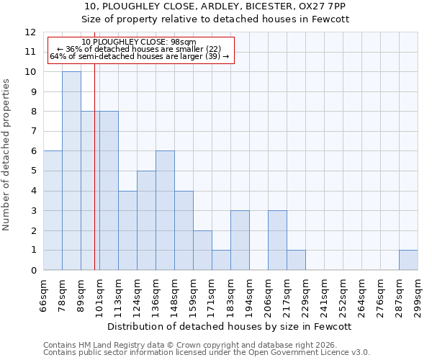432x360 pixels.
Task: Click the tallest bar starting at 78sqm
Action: coord(71,171)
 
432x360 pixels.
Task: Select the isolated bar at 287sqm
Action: coord(408,260)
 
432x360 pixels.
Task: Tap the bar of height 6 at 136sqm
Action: coord(165,210)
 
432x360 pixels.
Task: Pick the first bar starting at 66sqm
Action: coord(53,210)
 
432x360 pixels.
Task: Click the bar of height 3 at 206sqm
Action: coord(277,240)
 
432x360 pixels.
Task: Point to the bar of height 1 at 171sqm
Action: coord(221,260)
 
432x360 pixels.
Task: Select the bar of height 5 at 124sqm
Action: coord(146,220)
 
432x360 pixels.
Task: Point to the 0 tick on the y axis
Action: coord(33,271)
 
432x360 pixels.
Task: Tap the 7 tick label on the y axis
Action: coord(33,132)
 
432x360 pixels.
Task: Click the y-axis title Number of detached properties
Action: coord(7,155)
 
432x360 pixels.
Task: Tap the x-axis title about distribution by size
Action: coord(231,326)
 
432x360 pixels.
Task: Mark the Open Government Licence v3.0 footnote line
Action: coord(207,352)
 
